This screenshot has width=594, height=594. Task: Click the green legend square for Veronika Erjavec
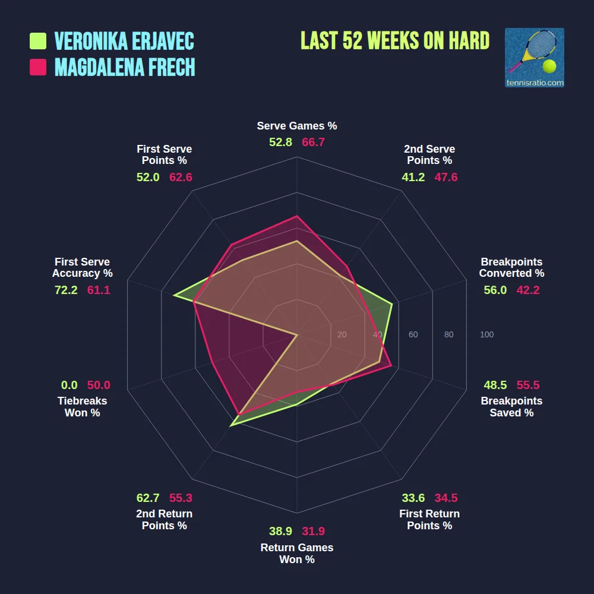(x=38, y=41)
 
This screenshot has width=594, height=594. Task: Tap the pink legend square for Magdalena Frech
(x=38, y=67)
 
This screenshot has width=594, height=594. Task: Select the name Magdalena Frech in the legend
(x=125, y=67)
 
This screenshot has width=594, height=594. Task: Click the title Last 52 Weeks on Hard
(x=395, y=40)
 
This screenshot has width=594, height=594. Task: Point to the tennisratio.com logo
(x=534, y=58)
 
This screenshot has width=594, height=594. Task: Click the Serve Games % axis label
(x=297, y=126)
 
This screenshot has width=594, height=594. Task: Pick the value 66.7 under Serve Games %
(x=313, y=143)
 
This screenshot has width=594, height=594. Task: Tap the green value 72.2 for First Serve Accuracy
(x=66, y=290)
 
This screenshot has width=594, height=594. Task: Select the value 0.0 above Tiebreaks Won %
(x=69, y=385)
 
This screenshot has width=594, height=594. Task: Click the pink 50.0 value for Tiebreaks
(x=99, y=385)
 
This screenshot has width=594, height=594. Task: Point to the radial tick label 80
(x=448, y=334)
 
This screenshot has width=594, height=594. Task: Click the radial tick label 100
(x=486, y=334)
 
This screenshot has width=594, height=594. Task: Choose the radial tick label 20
(x=342, y=334)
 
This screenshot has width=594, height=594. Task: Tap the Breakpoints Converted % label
(x=511, y=267)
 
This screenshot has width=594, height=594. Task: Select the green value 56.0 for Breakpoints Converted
(x=495, y=290)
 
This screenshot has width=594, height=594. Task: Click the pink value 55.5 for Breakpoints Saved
(x=528, y=385)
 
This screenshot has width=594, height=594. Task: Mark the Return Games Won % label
(x=297, y=554)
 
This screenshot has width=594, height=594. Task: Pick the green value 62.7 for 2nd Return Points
(x=148, y=498)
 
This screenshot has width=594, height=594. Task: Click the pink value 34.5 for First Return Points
(x=445, y=498)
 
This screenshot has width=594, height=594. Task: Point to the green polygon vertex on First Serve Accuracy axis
(x=173, y=295)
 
